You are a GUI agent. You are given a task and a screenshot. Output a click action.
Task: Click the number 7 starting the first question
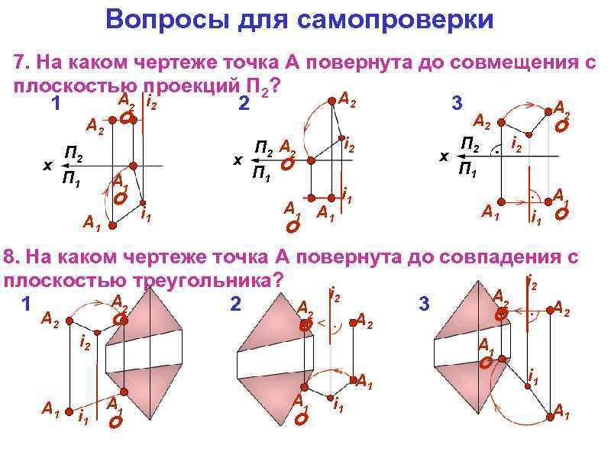(20, 63)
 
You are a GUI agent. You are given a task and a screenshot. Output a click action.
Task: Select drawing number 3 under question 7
(457, 105)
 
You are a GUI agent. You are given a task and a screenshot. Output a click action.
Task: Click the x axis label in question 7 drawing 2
(238, 160)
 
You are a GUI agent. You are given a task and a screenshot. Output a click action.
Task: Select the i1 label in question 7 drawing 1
(146, 214)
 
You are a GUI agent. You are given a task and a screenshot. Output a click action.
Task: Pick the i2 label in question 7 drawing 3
(516, 144)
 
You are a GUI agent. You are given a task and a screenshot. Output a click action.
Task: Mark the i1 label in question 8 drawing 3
(534, 376)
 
